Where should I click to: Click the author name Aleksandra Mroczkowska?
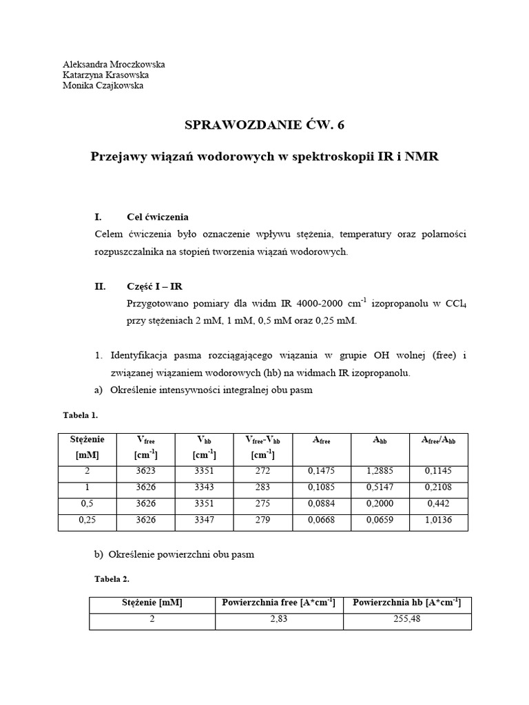tap(114, 64)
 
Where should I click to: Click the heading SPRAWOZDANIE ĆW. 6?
tap(264, 125)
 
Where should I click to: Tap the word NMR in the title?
tap(421, 157)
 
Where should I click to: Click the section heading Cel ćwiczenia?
tap(158, 216)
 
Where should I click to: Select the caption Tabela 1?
tap(81, 415)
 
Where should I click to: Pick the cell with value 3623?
tap(145, 472)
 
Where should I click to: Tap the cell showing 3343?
tap(205, 488)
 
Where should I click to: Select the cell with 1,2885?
tap(380, 472)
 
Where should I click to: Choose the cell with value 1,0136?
tap(439, 520)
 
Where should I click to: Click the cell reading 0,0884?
tap(321, 504)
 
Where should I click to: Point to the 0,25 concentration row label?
tap(86, 520)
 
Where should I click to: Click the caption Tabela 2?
tap(111, 579)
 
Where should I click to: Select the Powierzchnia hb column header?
tap(406, 603)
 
